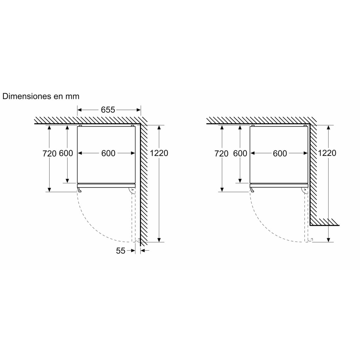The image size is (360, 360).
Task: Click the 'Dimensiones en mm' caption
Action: [41, 96]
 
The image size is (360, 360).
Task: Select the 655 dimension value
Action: [108, 110]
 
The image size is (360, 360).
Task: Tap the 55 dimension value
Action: [121, 251]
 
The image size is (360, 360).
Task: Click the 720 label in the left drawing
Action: [49, 154]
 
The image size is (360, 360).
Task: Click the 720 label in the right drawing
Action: [222, 154]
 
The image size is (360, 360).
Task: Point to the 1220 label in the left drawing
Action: [159, 153]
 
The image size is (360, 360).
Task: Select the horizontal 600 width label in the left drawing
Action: [108, 153]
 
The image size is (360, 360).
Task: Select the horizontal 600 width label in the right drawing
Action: [280, 153]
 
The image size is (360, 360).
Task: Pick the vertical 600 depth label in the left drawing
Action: [66, 153]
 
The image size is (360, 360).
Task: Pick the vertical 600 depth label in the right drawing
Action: [240, 153]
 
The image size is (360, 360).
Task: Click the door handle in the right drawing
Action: [252, 189]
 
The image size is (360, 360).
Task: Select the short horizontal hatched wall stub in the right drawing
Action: [324, 222]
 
